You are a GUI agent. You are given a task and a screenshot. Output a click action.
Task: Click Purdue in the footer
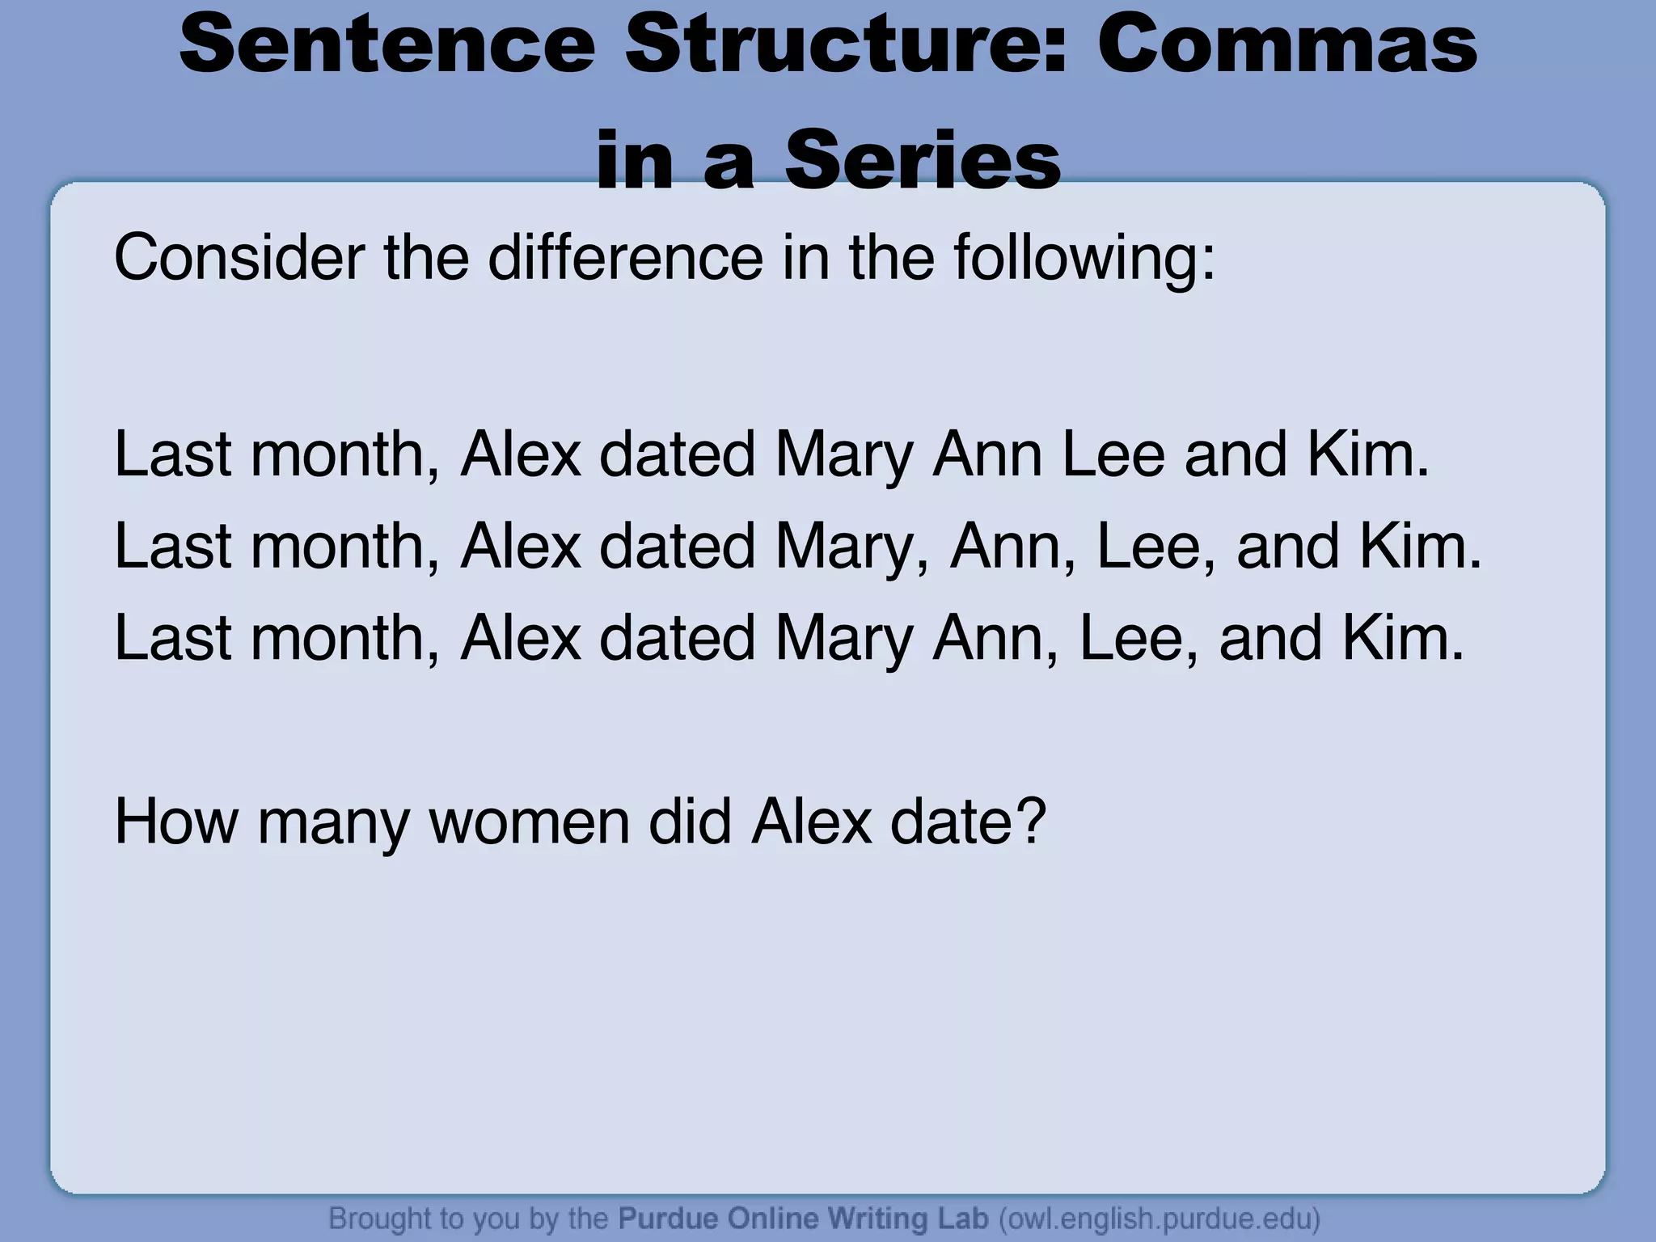pos(668,1218)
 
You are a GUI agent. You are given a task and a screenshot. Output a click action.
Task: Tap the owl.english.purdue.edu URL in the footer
pos(1160,1218)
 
